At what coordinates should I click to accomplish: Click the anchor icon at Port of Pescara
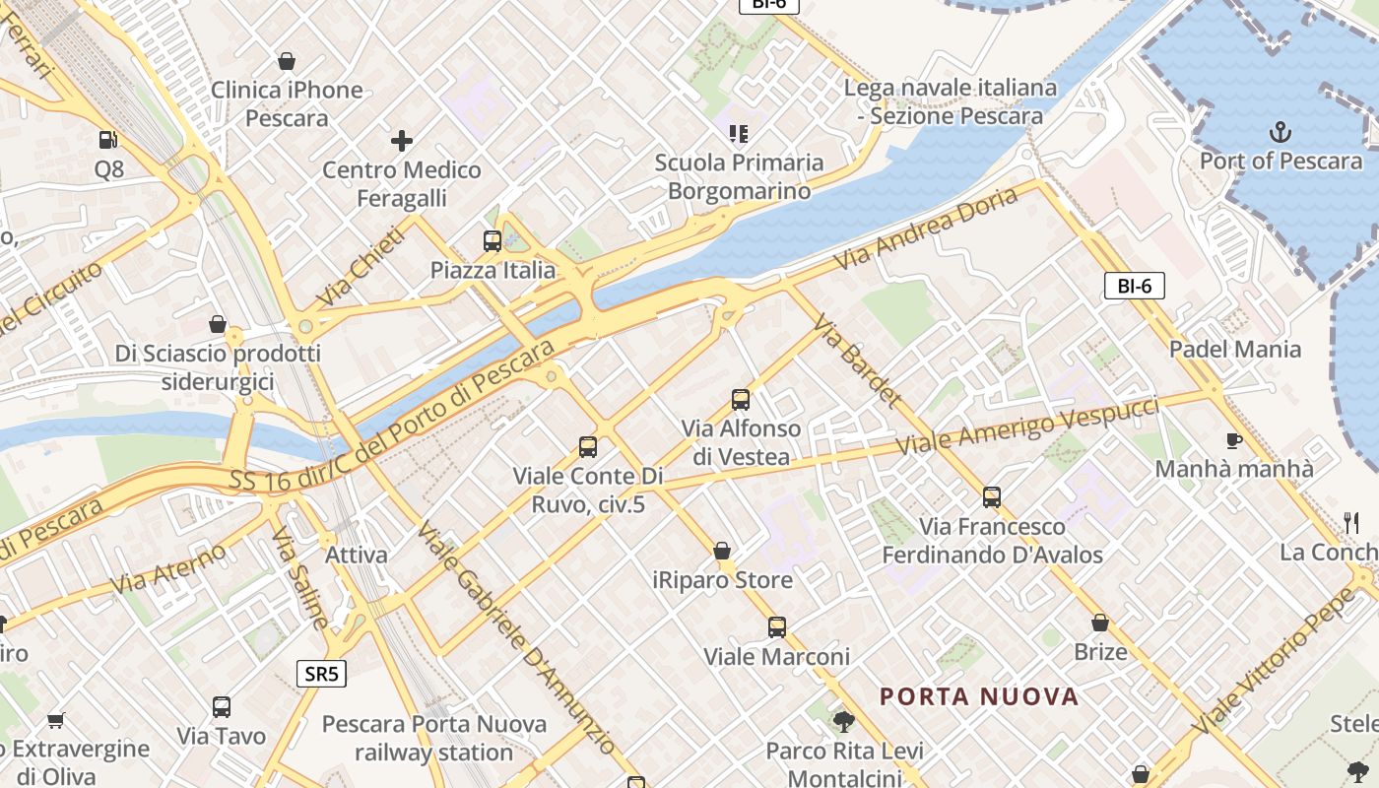pyautogui.click(x=1280, y=131)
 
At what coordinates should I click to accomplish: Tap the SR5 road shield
pyautogui.click(x=322, y=675)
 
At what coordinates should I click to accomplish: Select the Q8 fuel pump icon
pyautogui.click(x=108, y=141)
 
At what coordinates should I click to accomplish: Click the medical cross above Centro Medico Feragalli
pyautogui.click(x=401, y=141)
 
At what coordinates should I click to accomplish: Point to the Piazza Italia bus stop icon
pyautogui.click(x=492, y=241)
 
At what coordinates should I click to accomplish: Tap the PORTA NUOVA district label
pyautogui.click(x=979, y=697)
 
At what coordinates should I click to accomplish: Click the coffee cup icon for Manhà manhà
pyautogui.click(x=1233, y=440)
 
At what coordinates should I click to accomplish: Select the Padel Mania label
pyautogui.click(x=1234, y=349)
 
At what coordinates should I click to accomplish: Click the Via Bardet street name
pyautogui.click(x=856, y=361)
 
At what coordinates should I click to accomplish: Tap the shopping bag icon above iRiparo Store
pyautogui.click(x=722, y=551)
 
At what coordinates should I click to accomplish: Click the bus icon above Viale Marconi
pyautogui.click(x=776, y=627)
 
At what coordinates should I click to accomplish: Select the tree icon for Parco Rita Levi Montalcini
pyautogui.click(x=843, y=722)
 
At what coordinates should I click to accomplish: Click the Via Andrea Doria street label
pyautogui.click(x=926, y=229)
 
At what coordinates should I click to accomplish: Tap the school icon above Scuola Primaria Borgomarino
pyautogui.click(x=739, y=133)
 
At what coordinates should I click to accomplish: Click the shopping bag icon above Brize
pyautogui.click(x=1100, y=623)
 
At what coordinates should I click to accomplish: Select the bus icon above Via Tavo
pyautogui.click(x=222, y=707)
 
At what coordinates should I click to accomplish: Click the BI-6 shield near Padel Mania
pyautogui.click(x=1134, y=287)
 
